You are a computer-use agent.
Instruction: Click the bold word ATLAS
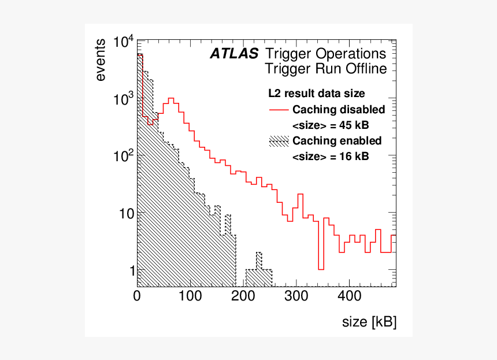[234, 54]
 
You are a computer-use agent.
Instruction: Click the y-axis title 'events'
[101, 60]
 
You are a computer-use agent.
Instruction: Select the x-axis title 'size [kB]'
[369, 322]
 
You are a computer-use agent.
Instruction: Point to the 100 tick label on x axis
[190, 296]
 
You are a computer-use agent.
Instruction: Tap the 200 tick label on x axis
[243, 296]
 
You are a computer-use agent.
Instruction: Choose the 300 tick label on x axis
[296, 296]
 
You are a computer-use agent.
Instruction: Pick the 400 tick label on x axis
[349, 296]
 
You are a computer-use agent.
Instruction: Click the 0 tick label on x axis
[137, 296]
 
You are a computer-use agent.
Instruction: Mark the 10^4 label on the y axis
[123, 42]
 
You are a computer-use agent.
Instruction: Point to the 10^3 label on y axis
[123, 99]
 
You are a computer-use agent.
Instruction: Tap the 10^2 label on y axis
[123, 156]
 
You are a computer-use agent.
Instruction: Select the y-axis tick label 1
[132, 271]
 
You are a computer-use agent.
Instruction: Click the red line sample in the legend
[279, 110]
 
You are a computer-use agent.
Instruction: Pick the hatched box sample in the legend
[279, 142]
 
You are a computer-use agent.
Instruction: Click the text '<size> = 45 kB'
[331, 125]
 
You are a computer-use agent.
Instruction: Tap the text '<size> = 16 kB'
[331, 157]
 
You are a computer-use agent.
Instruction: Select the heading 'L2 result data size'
[316, 94]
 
